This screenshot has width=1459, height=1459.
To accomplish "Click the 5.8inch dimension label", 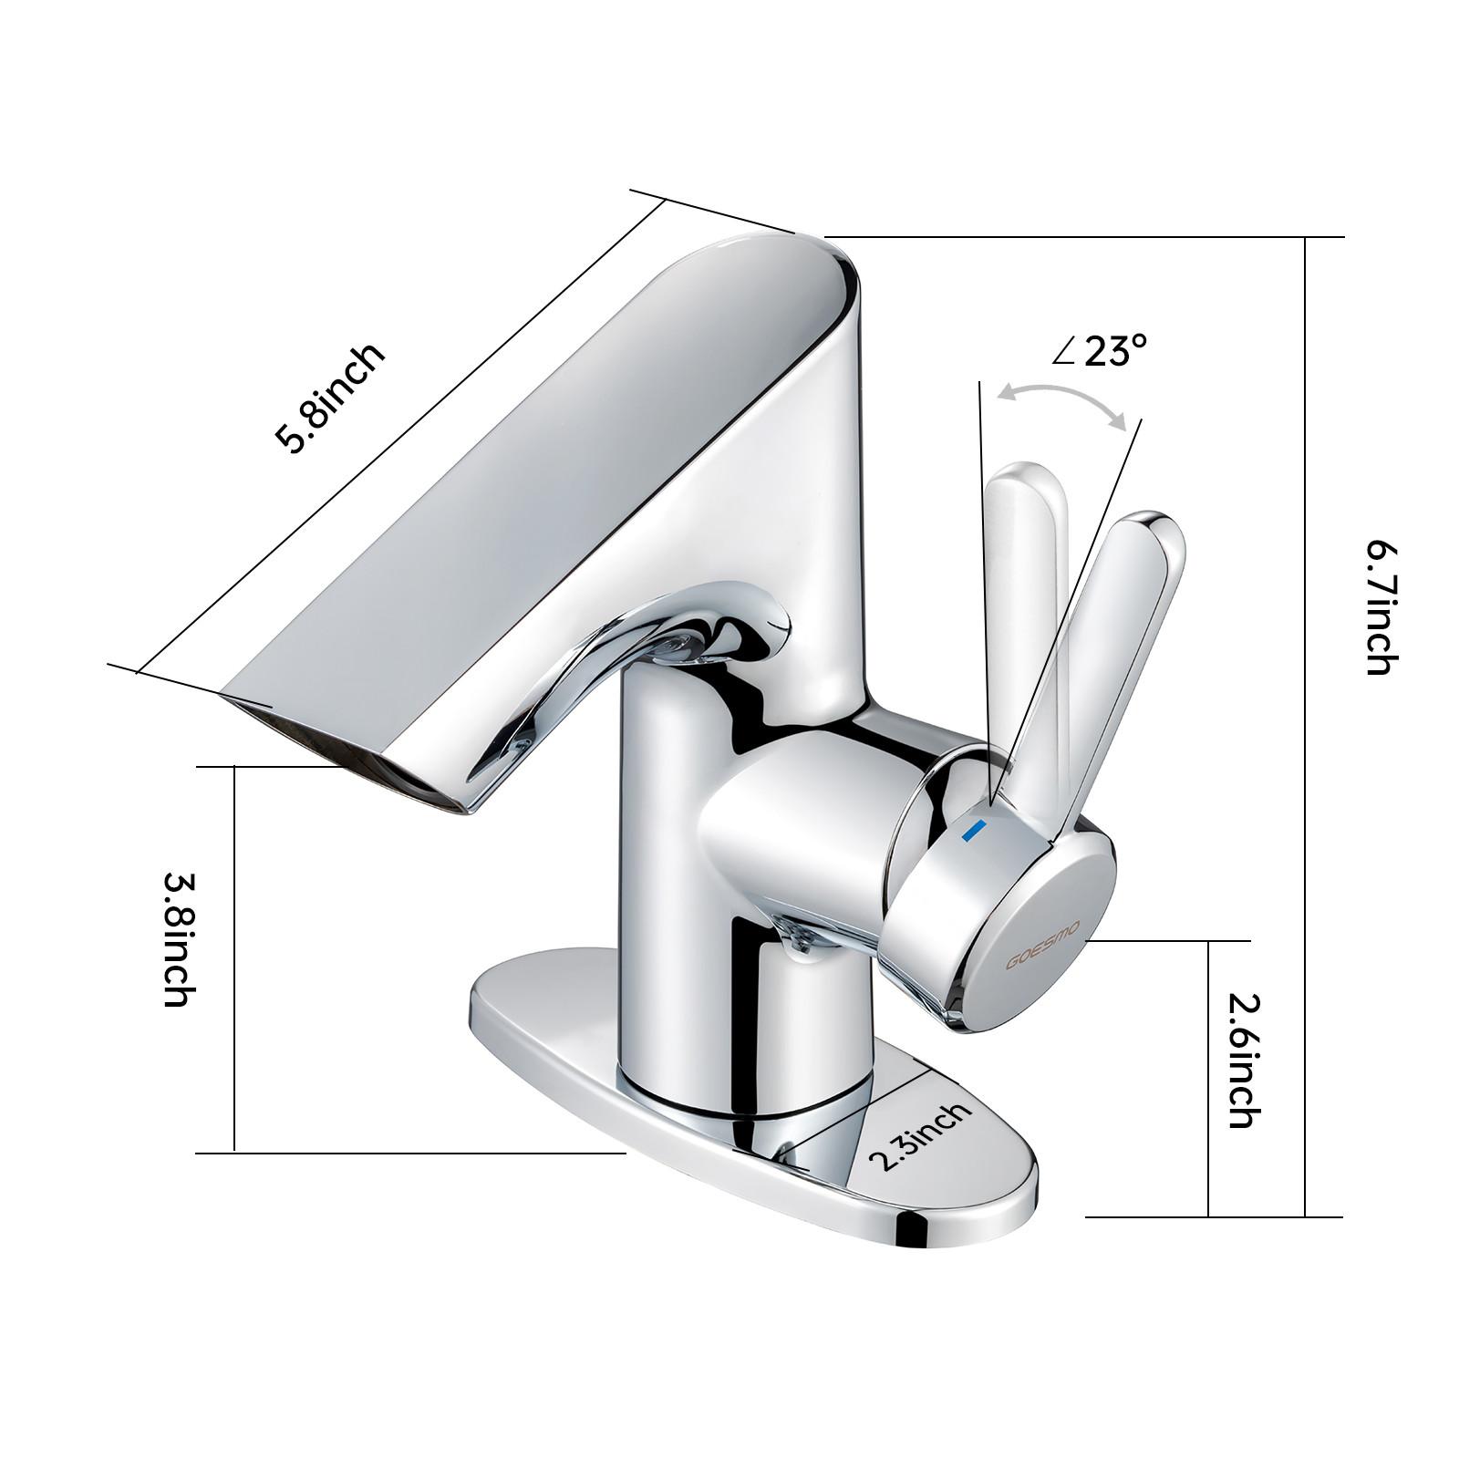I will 330,398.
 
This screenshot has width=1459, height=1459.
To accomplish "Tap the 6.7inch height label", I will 1380,606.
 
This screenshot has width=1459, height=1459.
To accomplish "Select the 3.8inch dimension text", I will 177,939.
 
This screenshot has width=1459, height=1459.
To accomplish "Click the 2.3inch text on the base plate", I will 919,1135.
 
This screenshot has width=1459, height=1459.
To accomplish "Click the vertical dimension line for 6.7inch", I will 1306,729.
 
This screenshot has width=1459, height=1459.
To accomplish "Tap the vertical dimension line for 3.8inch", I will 234,957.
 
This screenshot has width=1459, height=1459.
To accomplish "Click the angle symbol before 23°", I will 1064,351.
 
